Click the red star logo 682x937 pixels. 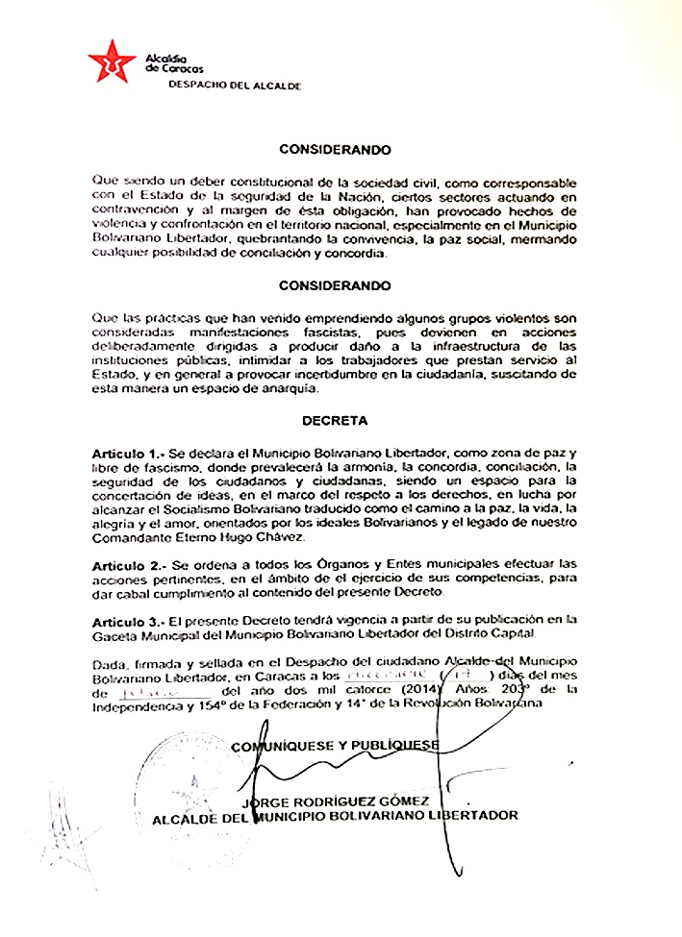pos(112,62)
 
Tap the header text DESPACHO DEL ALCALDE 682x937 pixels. pos(235,86)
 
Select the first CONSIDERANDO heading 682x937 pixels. pos(335,150)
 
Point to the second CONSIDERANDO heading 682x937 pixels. pos(335,285)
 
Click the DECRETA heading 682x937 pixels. pos(334,421)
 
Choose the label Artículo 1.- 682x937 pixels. pos(130,452)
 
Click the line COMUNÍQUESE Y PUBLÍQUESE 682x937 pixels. pos(335,745)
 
